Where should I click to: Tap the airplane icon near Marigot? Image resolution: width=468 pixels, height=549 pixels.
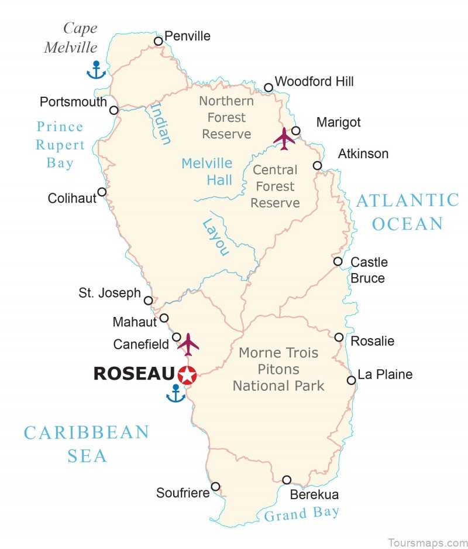284,139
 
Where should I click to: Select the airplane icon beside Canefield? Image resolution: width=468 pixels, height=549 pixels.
188,344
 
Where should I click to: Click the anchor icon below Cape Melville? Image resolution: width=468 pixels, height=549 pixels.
95,70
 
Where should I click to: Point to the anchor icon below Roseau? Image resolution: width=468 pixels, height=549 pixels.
175,394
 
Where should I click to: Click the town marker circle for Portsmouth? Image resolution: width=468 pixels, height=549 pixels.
114,110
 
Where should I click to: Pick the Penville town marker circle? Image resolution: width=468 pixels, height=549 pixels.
158,41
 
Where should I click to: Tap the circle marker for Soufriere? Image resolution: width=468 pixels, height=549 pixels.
215,486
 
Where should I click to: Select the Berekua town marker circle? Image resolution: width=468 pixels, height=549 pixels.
287,480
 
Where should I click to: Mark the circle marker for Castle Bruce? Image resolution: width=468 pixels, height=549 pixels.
338,261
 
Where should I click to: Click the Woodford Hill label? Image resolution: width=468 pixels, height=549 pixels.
314,81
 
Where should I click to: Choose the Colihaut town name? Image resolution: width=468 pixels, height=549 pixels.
72,199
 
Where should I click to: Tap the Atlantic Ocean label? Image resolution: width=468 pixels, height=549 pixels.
408,212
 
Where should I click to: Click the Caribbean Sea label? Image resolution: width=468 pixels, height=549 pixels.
87,444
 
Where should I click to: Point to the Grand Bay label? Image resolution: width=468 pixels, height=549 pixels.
301,514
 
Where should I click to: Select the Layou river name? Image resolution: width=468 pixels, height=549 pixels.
215,237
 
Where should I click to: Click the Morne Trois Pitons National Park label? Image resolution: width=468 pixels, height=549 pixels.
278,369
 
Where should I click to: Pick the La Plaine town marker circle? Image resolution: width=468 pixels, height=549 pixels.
351,380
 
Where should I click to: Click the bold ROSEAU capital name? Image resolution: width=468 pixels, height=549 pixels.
134,374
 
